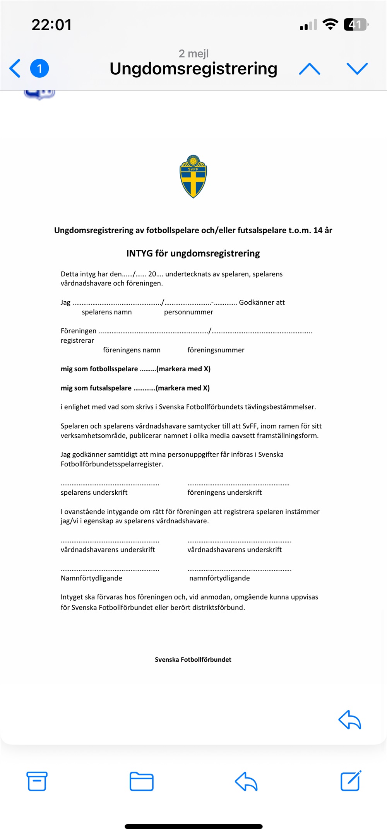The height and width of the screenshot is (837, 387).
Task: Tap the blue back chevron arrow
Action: (x=15, y=68)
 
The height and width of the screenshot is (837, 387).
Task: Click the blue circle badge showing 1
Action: (x=39, y=68)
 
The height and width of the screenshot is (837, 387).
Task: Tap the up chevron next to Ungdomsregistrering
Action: (x=310, y=69)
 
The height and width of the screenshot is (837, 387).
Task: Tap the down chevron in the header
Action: (x=357, y=68)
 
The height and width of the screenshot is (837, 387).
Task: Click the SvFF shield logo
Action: (x=193, y=176)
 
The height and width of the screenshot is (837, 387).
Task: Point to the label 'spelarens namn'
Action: (x=106, y=312)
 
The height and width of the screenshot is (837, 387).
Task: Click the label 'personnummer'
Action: (x=188, y=312)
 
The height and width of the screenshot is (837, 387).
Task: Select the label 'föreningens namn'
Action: (x=132, y=350)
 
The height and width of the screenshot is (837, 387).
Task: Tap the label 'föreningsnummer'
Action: (x=216, y=350)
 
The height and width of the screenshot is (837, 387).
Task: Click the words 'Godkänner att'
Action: (x=262, y=302)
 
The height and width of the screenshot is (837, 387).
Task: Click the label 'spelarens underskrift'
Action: (x=94, y=492)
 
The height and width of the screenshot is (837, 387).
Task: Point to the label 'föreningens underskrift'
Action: (x=224, y=492)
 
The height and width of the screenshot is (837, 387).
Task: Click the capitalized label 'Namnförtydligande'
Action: (x=91, y=578)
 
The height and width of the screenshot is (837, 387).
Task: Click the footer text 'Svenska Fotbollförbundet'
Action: (x=193, y=659)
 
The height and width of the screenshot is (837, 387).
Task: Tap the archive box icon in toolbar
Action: (x=37, y=781)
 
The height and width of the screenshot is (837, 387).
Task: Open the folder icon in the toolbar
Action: (x=141, y=781)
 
